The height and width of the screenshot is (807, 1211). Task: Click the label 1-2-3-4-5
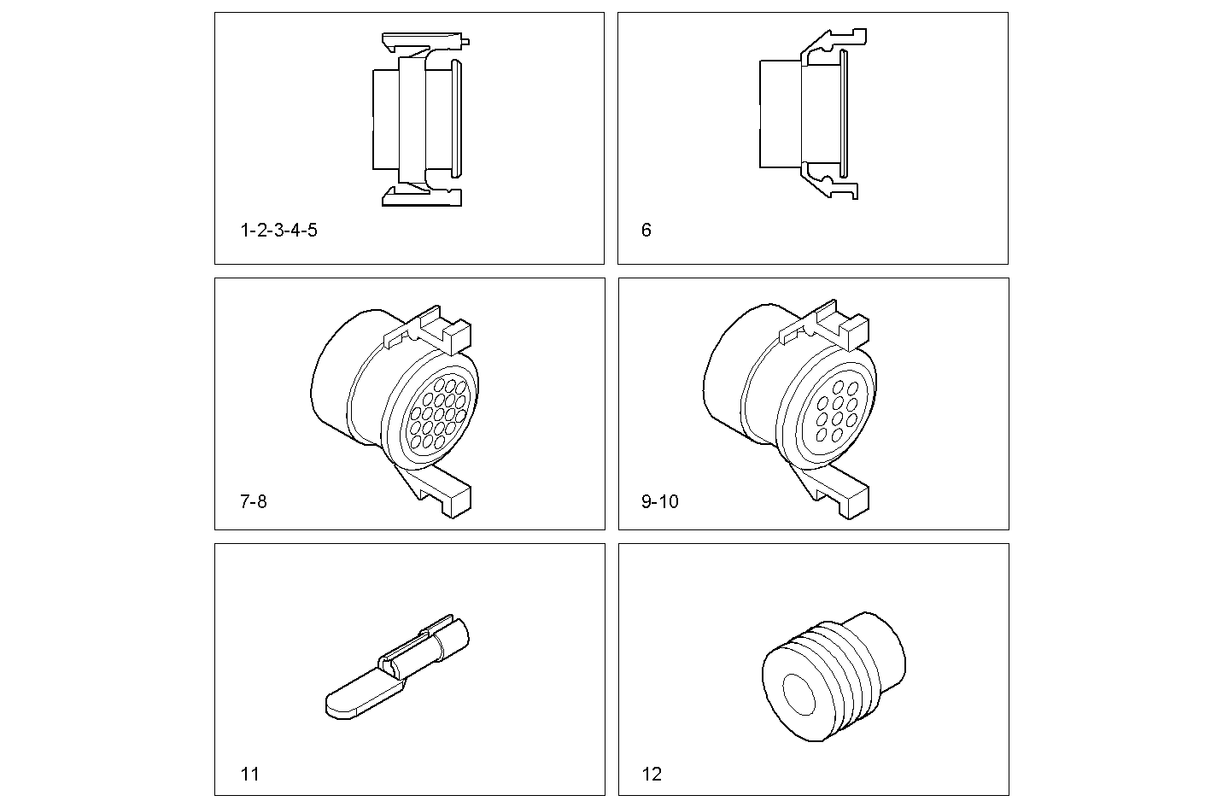click(278, 231)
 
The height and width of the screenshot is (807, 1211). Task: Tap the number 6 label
click(646, 231)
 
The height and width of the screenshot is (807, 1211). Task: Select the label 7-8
click(253, 502)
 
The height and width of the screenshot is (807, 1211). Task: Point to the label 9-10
click(659, 502)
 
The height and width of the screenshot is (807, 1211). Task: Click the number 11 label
click(249, 775)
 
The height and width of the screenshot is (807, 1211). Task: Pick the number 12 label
click(652, 775)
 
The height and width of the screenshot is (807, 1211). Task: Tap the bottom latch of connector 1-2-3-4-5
click(423, 196)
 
